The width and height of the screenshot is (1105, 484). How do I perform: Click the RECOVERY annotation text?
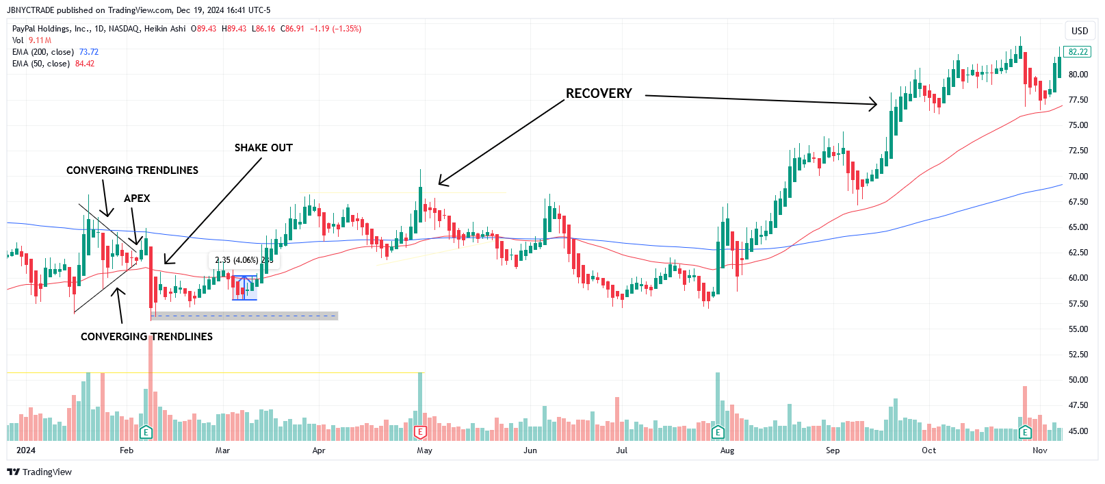click(x=599, y=93)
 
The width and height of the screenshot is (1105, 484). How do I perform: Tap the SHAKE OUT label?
click(x=263, y=148)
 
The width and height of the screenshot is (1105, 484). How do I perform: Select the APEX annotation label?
click(x=137, y=199)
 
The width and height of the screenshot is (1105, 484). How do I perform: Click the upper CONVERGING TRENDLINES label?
click(x=132, y=170)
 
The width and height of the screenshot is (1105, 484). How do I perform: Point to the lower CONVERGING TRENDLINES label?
click(x=146, y=337)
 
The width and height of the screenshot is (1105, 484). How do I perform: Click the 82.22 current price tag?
click(x=1078, y=52)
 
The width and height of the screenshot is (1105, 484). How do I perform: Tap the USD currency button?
click(x=1080, y=31)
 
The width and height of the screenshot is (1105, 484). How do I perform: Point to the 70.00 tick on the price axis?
click(x=1078, y=177)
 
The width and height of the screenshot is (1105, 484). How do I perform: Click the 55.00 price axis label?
click(x=1078, y=329)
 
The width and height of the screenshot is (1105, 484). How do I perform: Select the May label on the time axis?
click(x=424, y=450)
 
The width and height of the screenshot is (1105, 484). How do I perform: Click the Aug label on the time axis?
click(x=727, y=450)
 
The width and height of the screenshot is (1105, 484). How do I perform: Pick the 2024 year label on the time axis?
click(x=26, y=450)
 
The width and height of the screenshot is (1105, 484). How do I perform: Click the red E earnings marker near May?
click(x=420, y=432)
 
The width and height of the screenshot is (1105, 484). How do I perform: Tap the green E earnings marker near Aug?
click(x=718, y=432)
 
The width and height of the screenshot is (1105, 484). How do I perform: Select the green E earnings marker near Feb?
click(x=146, y=432)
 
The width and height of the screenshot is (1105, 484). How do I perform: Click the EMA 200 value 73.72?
click(x=89, y=52)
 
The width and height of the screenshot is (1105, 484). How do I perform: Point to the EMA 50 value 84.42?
click(x=85, y=64)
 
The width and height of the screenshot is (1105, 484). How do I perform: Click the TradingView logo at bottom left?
click(x=39, y=472)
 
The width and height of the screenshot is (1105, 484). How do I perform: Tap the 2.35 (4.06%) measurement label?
click(x=237, y=260)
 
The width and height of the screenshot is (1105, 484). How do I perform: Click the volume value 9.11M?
click(x=40, y=40)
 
